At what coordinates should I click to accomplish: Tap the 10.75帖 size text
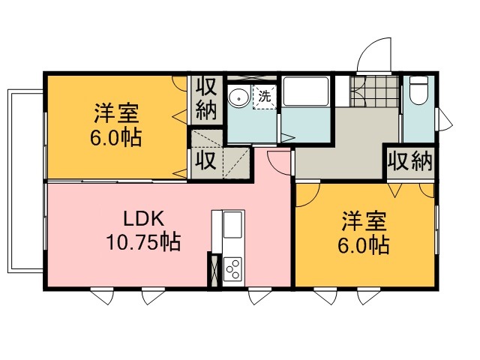[143, 241]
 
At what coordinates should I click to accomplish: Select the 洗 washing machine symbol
[265, 97]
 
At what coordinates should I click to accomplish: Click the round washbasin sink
[239, 97]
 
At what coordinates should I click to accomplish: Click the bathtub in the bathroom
[305, 91]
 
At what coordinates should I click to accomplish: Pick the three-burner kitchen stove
[232, 268]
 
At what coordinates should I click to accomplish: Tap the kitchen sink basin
[232, 225]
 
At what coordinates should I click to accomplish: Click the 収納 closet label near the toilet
[410, 161]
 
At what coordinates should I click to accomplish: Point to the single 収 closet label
[206, 160]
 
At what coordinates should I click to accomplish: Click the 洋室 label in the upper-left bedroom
[117, 113]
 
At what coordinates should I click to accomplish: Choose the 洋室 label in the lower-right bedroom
[364, 220]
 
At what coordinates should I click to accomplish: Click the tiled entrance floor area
[374, 91]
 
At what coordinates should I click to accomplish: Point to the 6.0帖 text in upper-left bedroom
[116, 137]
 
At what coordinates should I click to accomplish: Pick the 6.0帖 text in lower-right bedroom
[364, 245]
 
